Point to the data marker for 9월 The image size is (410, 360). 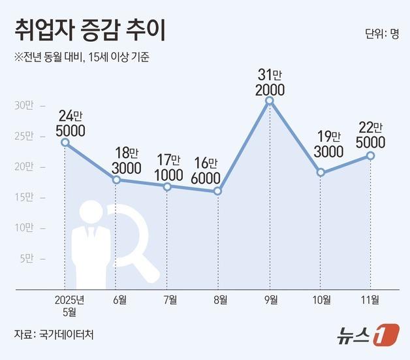(x=269, y=101)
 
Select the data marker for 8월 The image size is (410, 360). (x=218, y=191)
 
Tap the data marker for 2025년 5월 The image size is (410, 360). (x=65, y=142)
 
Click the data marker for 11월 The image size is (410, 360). (x=371, y=155)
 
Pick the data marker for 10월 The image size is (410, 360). (x=321, y=172)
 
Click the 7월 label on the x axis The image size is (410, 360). (x=169, y=300)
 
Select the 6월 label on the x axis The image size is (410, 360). (x=118, y=300)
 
